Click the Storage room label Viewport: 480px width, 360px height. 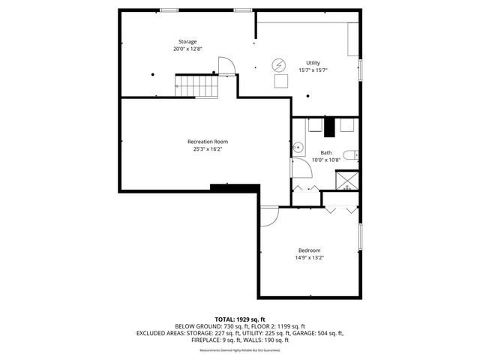point(187,40)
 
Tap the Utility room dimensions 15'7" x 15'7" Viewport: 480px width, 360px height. point(312,70)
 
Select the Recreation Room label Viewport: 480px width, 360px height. point(208,141)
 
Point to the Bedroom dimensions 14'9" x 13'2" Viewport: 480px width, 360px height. point(309,258)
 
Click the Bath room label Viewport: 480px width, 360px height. point(325,152)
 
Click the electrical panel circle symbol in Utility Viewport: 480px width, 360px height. point(279,64)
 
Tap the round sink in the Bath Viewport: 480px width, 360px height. point(296,147)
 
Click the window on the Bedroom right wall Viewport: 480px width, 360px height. point(361,238)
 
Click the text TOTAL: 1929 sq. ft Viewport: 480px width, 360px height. point(240,319)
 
